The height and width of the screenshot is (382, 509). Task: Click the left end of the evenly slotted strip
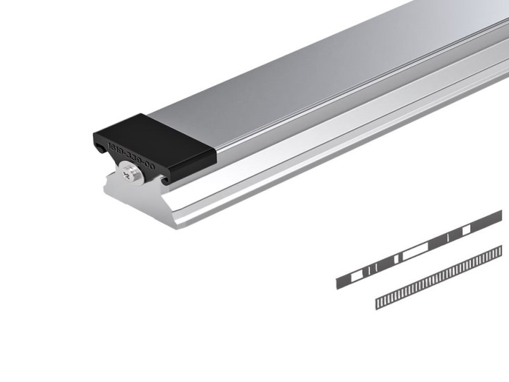coord(379,302)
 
